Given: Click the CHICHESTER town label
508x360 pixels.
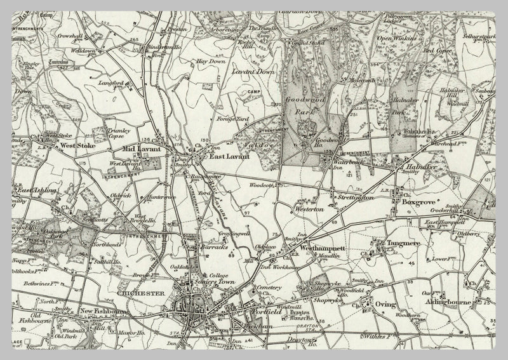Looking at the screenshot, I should pos(146,293).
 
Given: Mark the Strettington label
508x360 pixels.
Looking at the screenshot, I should pos(353,199).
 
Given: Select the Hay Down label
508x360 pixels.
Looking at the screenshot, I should pos(211,62).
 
